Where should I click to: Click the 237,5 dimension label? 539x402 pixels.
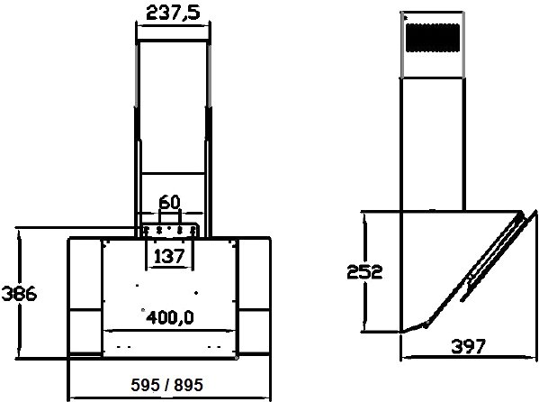(173, 14)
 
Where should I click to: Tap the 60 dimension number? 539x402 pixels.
(169, 202)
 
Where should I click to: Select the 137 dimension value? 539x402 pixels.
(169, 256)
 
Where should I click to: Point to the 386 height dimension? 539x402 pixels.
(19, 294)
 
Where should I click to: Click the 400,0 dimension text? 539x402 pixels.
(170, 317)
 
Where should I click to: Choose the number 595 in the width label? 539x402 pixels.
(146, 385)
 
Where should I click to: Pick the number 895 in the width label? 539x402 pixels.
(188, 385)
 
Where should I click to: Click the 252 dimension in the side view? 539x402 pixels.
(364, 272)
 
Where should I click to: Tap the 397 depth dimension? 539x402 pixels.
(468, 346)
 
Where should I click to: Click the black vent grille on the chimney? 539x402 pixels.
(433, 38)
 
